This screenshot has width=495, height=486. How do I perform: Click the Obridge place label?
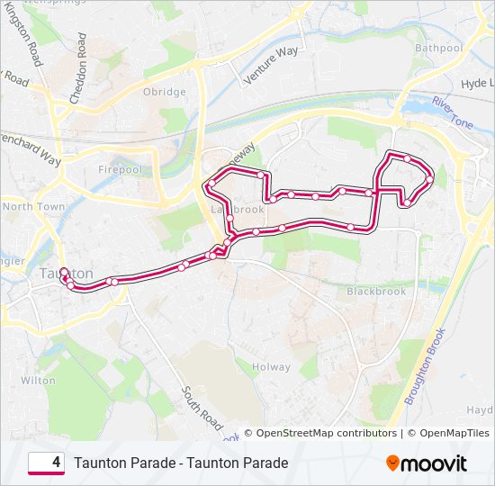coord(164,92)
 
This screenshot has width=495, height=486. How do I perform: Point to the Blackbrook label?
coord(376,292)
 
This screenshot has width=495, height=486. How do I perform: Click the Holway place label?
coord(271,367)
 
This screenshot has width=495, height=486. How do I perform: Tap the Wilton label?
coord(38,381)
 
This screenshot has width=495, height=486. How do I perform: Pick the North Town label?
coord(33,206)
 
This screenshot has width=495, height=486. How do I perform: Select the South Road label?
coord(202,407)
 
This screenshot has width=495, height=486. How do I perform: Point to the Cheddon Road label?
coord(83,63)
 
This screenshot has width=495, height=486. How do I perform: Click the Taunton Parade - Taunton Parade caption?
coord(181,463)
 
